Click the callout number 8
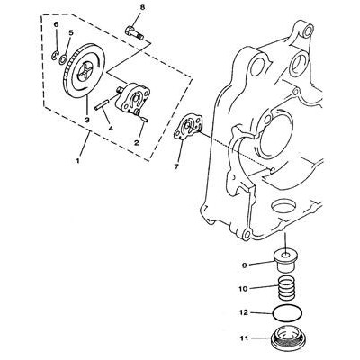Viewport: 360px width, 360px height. pyautogui.click(x=142, y=8)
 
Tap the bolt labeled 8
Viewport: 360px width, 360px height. pyautogui.click(x=134, y=32)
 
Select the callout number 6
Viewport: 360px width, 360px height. pyautogui.click(x=56, y=24)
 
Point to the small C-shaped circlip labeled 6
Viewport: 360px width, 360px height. pyautogui.click(x=54, y=56)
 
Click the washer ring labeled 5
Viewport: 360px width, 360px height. pyautogui.click(x=63, y=58)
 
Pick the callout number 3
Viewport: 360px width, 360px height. pyautogui.click(x=87, y=120)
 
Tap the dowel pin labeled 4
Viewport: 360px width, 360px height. pyautogui.click(x=101, y=105)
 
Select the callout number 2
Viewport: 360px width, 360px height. pyautogui.click(x=137, y=143)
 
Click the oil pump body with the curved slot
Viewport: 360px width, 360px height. pyautogui.click(x=132, y=99)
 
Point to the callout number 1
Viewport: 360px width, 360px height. pyautogui.click(x=77, y=161)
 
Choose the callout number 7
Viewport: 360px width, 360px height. pyautogui.click(x=176, y=166)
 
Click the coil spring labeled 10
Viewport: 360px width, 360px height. pyautogui.click(x=285, y=289)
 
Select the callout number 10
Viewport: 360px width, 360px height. pyautogui.click(x=243, y=289)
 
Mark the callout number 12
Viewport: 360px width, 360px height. pyautogui.click(x=244, y=313)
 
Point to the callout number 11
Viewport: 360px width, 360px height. pyautogui.click(x=244, y=338)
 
